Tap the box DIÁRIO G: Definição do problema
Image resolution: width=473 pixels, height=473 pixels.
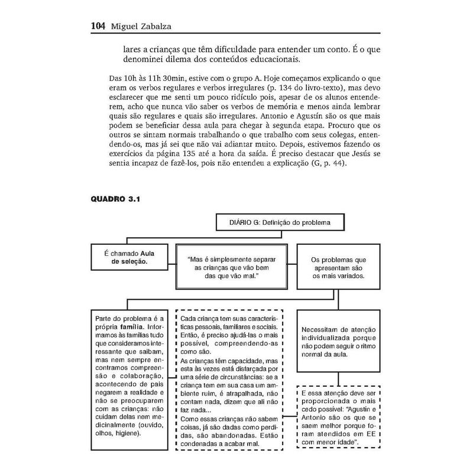pos(279,223)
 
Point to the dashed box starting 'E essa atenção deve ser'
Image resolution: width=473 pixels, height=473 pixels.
pos(337,417)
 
